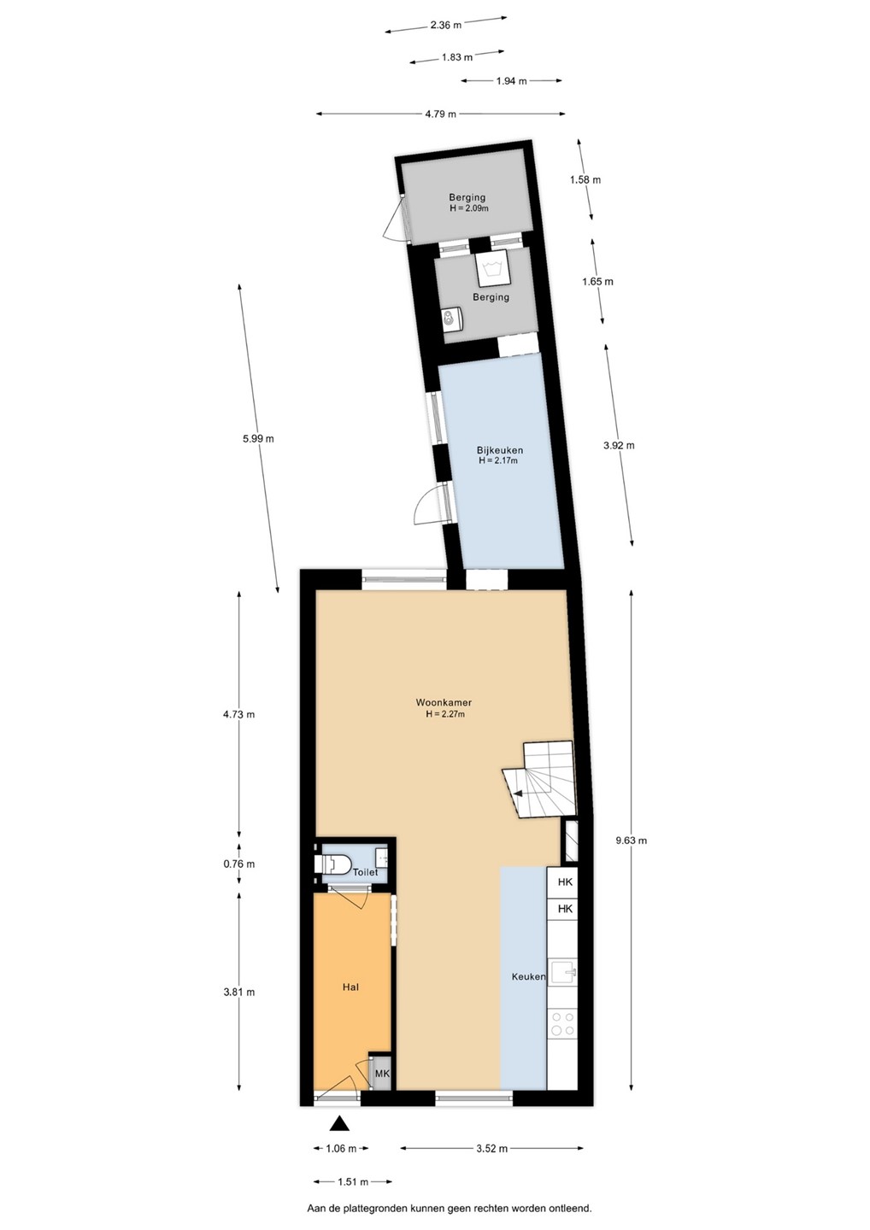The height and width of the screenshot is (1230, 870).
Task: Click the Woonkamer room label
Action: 444,702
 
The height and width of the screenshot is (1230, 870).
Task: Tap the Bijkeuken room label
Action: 499,450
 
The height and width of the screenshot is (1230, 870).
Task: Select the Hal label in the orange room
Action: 350,987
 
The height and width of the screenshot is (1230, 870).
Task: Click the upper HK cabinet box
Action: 565,882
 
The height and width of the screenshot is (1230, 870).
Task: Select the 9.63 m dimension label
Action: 631,840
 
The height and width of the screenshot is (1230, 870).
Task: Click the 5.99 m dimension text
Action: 258,438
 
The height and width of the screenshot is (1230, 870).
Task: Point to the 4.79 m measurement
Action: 440,114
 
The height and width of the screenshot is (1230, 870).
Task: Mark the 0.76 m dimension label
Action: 239,864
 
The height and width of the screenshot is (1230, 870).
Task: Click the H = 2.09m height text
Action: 468,208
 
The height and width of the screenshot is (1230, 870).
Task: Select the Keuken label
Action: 528,977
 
